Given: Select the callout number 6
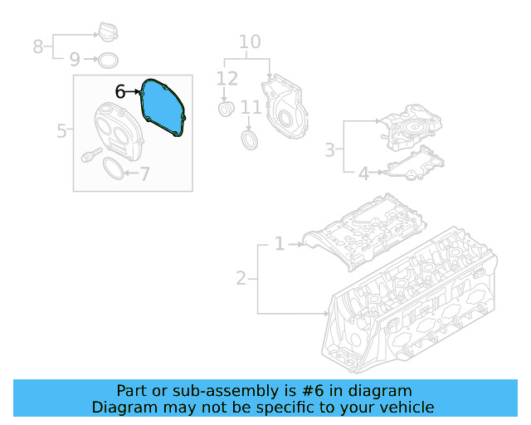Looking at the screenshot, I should point(120,92).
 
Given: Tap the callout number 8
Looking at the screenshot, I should point(37,46).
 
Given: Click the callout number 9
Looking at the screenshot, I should point(74,60).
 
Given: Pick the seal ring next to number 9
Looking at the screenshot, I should point(107,60).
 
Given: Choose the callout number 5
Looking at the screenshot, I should point(61,131).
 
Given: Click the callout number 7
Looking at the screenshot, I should point(144,174).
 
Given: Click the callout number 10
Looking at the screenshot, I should point(250,42).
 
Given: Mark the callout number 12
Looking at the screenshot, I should point(227,79).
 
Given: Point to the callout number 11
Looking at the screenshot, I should point(251,107).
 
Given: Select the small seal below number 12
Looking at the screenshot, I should point(226,110).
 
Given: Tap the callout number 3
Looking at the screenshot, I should point(329,149).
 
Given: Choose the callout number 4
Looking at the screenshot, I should point(363,173).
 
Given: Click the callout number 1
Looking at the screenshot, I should point(280,244).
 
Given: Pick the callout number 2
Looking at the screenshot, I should point(241,278).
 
